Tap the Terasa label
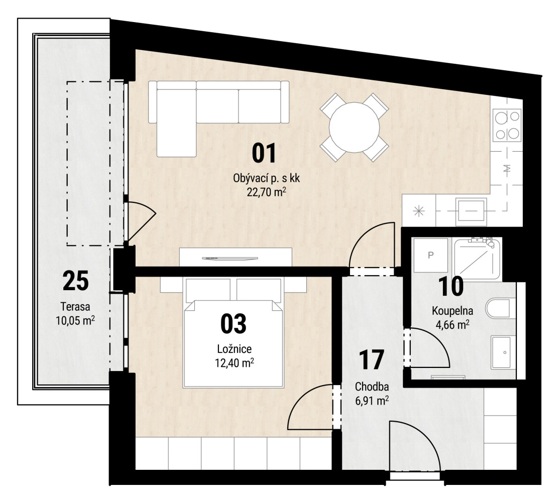point(75,307)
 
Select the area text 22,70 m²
point(266,192)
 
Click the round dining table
point(354,128)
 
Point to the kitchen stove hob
point(507,125)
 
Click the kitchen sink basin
point(471,212)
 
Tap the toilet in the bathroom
point(500,309)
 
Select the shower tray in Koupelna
point(477,259)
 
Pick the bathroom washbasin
point(503,352)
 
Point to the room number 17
point(372,360)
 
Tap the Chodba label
point(372,387)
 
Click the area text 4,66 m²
point(452,325)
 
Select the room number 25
point(75,281)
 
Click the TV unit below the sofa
point(236,257)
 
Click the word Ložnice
point(234,349)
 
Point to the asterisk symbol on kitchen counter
point(418,211)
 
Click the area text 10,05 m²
point(75,320)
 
